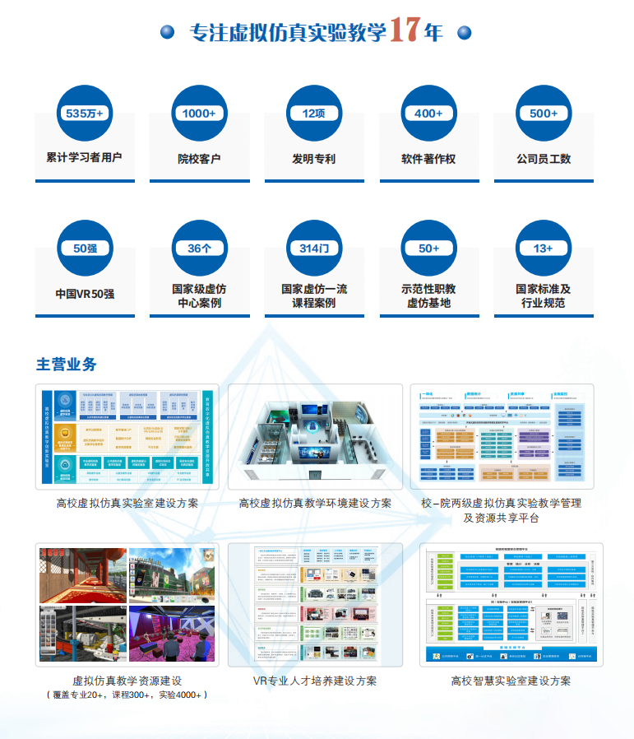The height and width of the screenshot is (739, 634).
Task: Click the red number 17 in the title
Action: point(406,30)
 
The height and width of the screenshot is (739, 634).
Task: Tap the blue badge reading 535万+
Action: point(84,114)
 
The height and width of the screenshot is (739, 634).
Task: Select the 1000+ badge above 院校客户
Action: point(199,114)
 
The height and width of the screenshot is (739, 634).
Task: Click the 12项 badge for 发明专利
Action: point(314,114)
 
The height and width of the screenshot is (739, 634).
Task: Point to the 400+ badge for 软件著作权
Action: point(428,114)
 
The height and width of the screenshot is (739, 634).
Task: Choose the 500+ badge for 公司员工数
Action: point(544,114)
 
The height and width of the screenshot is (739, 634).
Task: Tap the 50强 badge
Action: point(84,248)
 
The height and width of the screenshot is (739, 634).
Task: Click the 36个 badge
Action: point(199,248)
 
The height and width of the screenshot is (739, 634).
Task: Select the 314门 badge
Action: point(314,248)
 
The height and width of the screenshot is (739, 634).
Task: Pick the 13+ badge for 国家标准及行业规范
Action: point(544,248)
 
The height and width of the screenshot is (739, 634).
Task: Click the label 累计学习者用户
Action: point(84,157)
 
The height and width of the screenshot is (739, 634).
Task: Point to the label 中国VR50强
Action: point(84,294)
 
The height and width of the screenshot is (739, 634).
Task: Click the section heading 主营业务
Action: point(67,364)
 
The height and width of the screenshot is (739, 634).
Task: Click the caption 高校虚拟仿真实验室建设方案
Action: point(127,503)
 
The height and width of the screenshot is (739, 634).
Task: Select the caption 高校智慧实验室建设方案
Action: point(511,681)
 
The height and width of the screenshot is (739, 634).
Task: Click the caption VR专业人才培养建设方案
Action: point(315,681)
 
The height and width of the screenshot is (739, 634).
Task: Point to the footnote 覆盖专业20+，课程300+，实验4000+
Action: point(127,695)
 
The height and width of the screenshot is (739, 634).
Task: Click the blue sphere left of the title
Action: point(168,32)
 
